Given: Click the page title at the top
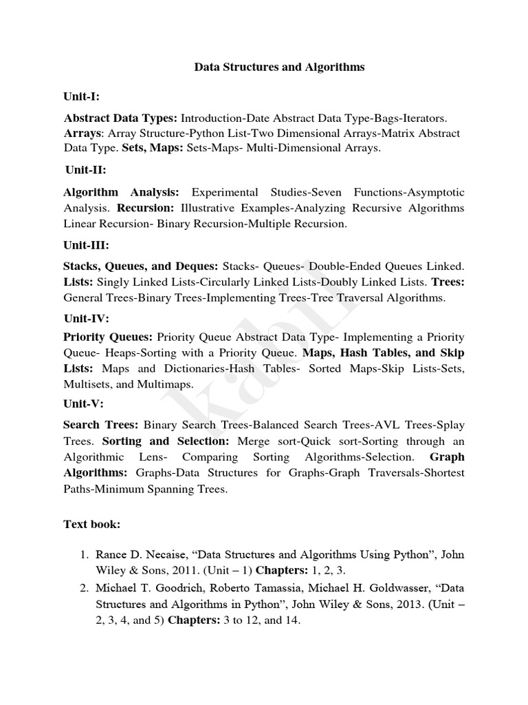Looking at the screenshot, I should [279, 67].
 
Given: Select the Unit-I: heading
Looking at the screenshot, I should [82, 96].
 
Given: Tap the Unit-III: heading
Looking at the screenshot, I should [86, 245].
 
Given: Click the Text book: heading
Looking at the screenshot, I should [92, 525].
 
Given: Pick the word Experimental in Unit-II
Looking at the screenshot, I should [225, 192].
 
